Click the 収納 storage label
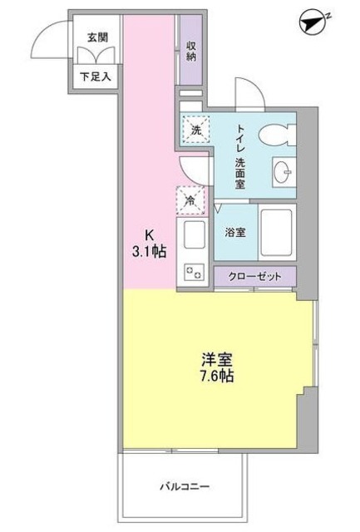tap(191, 52)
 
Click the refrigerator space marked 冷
tap(190, 200)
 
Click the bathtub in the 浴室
tap(277, 233)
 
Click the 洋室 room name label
tap(215, 359)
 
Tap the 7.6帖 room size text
tap(215, 377)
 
